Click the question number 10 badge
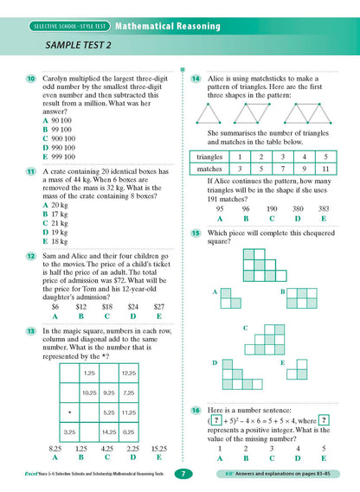29,79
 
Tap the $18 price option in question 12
106,306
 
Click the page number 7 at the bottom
179,474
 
